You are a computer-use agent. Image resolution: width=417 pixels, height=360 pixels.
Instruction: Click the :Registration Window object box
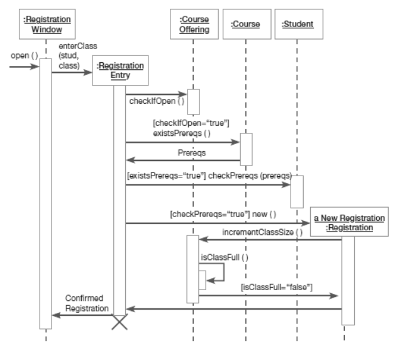click(x=45, y=23)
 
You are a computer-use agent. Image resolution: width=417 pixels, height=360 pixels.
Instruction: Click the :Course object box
click(x=246, y=23)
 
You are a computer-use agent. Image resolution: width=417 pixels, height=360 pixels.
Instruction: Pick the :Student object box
click(x=297, y=23)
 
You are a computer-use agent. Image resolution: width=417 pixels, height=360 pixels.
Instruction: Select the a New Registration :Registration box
click(x=348, y=223)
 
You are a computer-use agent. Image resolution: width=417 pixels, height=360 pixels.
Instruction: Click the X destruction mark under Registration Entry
click(x=119, y=322)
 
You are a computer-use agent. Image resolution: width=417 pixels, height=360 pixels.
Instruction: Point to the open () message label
click(x=24, y=56)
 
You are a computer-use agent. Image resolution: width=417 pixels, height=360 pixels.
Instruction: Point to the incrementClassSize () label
click(x=262, y=232)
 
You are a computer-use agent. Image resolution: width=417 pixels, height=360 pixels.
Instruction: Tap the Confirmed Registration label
click(x=84, y=303)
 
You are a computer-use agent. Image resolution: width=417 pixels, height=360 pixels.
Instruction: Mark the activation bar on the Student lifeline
click(x=297, y=191)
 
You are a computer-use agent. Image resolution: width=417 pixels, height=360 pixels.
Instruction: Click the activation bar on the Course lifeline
click(x=246, y=149)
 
